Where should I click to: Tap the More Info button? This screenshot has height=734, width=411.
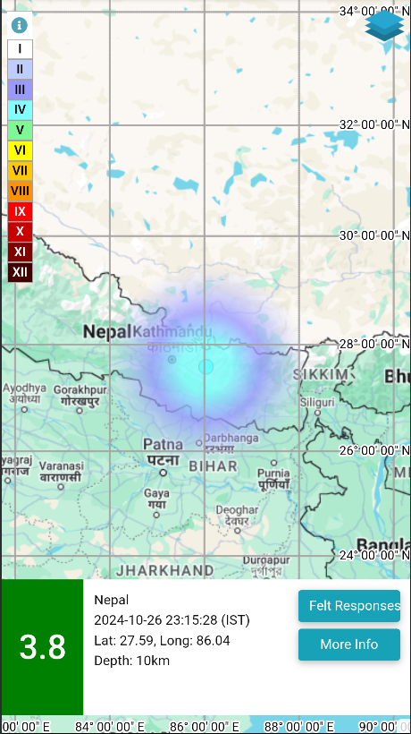348,644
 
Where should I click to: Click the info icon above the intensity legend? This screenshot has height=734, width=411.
20,25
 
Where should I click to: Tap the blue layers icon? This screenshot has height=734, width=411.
384,25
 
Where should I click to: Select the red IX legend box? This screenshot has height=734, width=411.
20,211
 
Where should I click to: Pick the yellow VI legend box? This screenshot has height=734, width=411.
20,149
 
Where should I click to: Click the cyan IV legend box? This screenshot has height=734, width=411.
20,109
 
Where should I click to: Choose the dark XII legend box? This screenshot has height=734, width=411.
20,272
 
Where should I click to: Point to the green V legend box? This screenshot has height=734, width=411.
20,130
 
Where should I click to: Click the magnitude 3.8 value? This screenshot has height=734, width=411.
42,647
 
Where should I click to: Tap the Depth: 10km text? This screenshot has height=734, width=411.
131,661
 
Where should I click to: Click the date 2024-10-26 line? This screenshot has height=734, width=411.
172,619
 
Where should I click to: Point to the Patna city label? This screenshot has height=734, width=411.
163,444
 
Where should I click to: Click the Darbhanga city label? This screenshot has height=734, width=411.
231,439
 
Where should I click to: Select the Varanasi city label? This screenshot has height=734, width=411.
61,466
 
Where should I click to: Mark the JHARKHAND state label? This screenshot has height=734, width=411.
164,570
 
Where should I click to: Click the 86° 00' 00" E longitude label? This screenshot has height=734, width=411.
205,726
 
